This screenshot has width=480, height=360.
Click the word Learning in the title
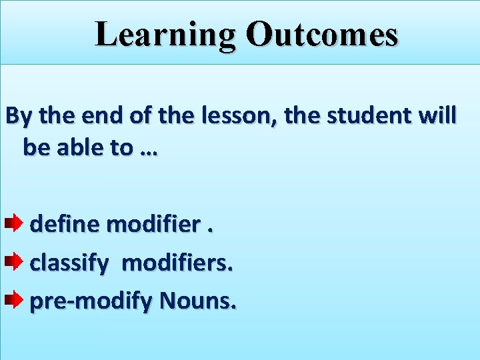pyautogui.click(x=165, y=35)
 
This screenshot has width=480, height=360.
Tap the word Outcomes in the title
pyautogui.click(x=321, y=35)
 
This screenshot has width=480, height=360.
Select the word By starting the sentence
pyautogui.click(x=19, y=116)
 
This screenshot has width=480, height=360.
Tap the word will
pyautogui.click(x=437, y=116)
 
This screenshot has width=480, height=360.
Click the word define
pyautogui.click(x=66, y=224)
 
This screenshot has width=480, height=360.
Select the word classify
pyautogui.click(x=69, y=264)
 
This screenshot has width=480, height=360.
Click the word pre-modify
pyautogui.click(x=91, y=303)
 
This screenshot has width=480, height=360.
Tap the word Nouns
pyautogui.click(x=197, y=303)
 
